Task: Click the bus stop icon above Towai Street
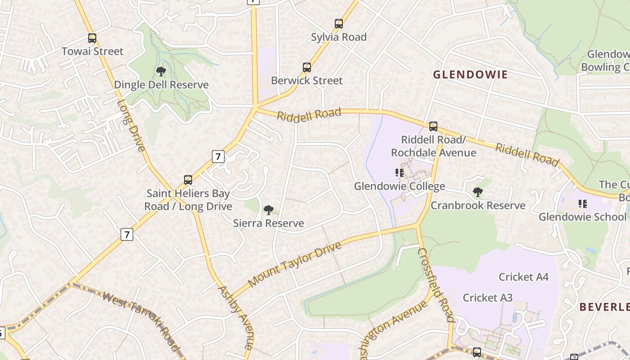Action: [92, 38]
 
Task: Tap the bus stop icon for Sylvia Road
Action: [339, 24]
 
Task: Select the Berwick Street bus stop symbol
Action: [307, 67]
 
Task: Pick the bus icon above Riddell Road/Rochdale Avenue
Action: [433, 126]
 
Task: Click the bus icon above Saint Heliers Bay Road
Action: [188, 180]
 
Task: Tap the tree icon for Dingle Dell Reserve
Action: [161, 71]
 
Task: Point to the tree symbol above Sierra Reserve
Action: [269, 210]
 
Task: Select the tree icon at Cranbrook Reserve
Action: [478, 192]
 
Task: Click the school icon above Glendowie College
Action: [399, 173]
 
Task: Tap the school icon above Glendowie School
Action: [583, 204]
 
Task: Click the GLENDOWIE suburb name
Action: [470, 75]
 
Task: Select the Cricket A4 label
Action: [523, 277]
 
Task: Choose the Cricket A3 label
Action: [487, 298]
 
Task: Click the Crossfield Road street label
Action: [436, 284]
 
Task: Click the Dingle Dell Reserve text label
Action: [161, 85]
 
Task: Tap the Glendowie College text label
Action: [399, 186]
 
